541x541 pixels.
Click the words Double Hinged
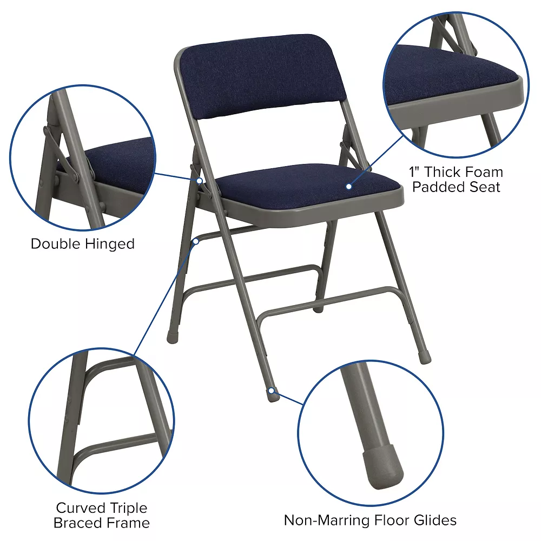[82, 244]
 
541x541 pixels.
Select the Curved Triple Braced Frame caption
[102, 516]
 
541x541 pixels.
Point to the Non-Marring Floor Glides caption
[370, 520]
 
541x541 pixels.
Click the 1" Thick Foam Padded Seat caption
[456, 180]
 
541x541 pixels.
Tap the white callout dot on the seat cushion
[349, 186]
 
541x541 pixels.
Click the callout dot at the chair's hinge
[200, 181]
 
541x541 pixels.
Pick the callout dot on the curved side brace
[196, 241]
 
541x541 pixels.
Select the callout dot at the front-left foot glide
[272, 390]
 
